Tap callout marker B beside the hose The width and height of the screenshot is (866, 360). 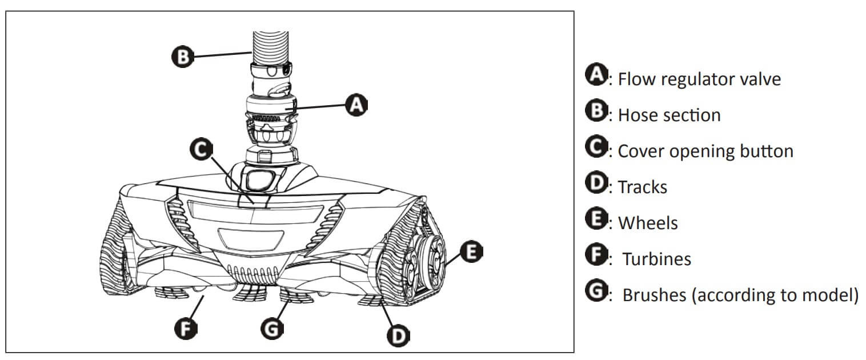pyautogui.click(x=181, y=57)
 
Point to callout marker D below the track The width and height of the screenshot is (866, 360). pyautogui.click(x=397, y=334)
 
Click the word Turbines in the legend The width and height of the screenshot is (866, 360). pyautogui.click(x=656, y=259)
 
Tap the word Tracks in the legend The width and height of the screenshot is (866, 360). pyautogui.click(x=643, y=187)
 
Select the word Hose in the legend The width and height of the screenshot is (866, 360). pyautogui.click(x=638, y=115)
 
